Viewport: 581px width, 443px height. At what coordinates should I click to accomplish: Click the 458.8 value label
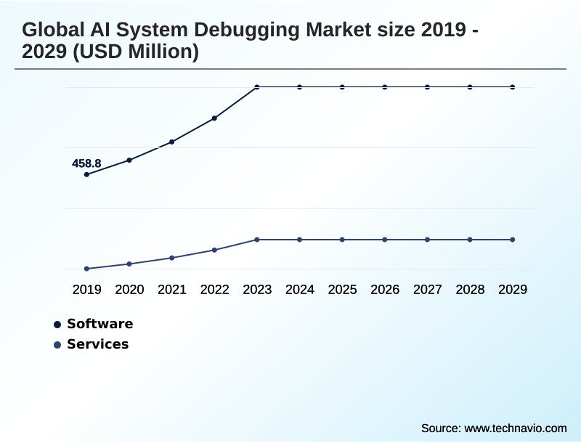(x=86, y=163)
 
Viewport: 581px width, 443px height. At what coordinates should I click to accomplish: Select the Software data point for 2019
(x=86, y=174)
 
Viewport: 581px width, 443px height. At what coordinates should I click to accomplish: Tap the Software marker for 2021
(x=172, y=142)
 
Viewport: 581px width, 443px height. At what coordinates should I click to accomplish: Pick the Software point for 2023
(x=257, y=87)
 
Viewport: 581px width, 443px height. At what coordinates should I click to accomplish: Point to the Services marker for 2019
(x=86, y=269)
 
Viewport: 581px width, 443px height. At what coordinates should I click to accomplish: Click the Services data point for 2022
(x=214, y=250)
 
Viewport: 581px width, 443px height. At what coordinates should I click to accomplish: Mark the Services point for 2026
(x=385, y=240)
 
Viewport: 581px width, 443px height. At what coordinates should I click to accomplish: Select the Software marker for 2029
(x=513, y=87)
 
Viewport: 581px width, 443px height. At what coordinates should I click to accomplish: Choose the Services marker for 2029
(x=513, y=240)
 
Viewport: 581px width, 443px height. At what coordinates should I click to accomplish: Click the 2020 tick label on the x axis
(x=129, y=290)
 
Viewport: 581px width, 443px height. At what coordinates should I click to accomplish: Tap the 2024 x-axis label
(x=300, y=290)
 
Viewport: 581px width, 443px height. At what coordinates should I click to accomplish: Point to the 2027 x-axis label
(x=428, y=290)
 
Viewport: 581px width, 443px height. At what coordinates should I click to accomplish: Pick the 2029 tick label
(x=513, y=290)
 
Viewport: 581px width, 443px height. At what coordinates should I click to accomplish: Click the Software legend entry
(x=99, y=324)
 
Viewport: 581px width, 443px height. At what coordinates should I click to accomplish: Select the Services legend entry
(x=97, y=344)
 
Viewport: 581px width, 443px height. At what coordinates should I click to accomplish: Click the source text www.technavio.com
(x=515, y=428)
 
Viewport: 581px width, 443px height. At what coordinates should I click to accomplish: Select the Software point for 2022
(x=214, y=118)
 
